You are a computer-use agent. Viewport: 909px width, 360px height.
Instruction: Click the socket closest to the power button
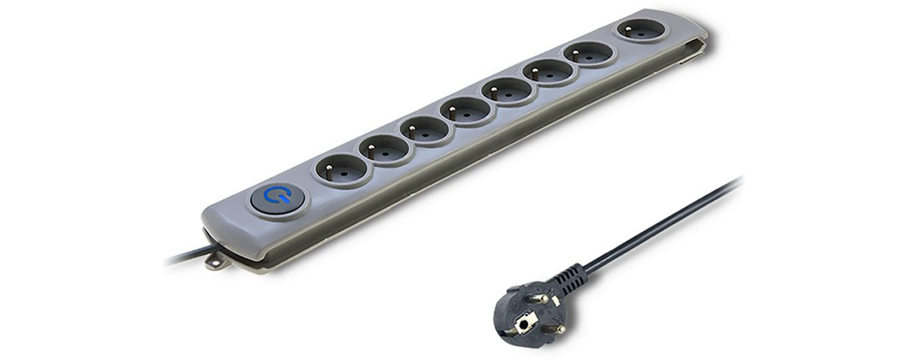click(x=343, y=168)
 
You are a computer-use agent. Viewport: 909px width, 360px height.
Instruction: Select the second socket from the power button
click(x=384, y=148)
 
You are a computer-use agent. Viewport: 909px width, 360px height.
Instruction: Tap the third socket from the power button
click(x=425, y=129)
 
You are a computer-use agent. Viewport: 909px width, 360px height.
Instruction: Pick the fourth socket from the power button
click(x=466, y=110)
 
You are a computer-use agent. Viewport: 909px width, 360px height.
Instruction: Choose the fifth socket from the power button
click(x=508, y=90)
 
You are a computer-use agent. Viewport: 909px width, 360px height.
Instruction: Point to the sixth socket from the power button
click(x=549, y=71)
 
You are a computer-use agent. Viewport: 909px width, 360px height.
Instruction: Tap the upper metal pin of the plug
click(x=542, y=297)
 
